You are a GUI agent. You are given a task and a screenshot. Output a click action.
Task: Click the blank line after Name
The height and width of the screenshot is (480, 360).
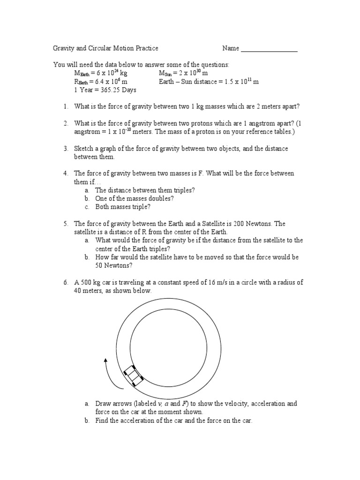pos(269,49)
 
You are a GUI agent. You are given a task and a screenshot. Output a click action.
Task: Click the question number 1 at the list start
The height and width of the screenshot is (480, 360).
pos(66,106)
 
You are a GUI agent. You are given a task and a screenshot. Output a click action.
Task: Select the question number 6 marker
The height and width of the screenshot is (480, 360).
pos(66,282)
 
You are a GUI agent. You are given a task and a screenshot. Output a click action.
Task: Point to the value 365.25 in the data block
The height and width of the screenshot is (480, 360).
pos(102,90)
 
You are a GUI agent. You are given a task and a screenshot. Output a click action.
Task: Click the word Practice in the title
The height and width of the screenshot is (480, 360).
pos(145,48)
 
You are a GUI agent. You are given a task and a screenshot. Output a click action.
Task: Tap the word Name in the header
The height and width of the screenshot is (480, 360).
pos(231,48)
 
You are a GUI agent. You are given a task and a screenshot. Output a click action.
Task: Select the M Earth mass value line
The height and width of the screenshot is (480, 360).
pos(101,74)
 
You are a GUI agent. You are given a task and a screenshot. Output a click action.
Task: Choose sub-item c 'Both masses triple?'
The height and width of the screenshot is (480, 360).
pos(123,207)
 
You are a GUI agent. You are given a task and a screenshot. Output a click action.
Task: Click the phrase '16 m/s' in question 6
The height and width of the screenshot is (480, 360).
pos(209,282)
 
